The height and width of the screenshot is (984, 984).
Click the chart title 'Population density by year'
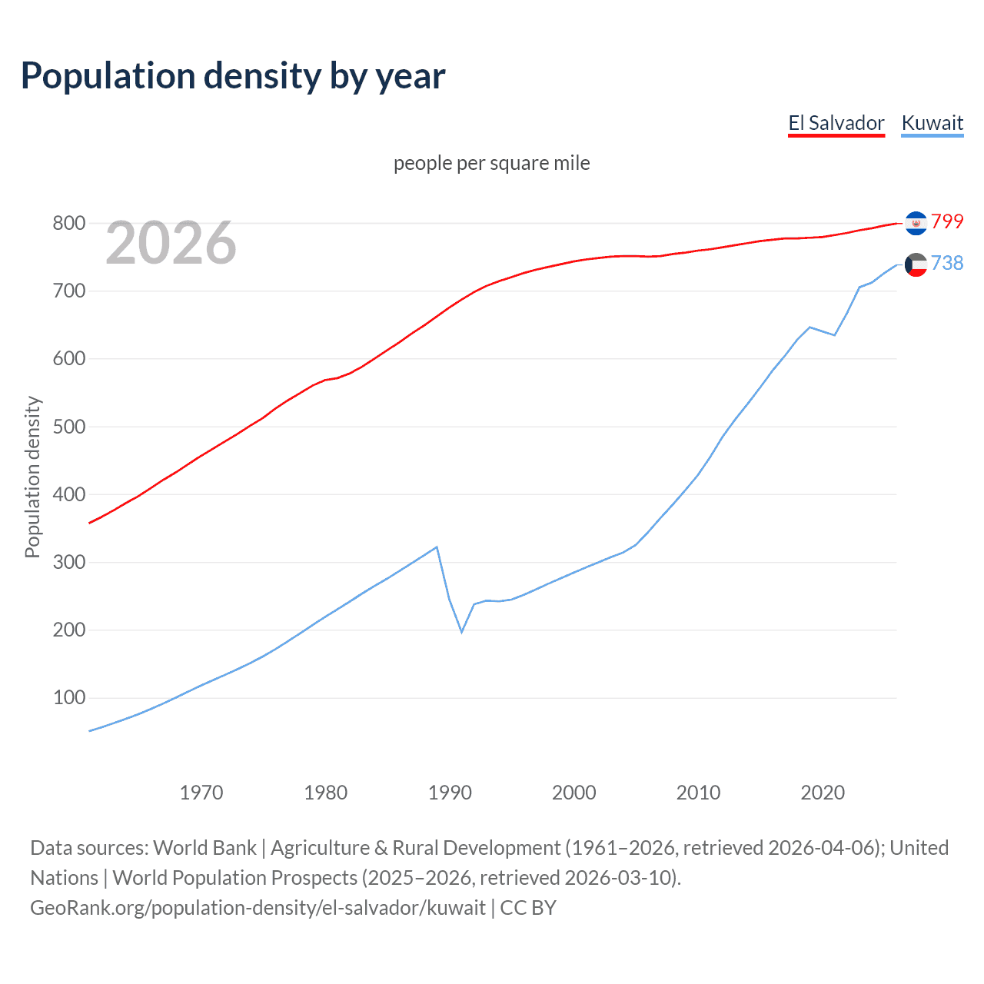233,76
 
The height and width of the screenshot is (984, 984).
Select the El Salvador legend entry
836,123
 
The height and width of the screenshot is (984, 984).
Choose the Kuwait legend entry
932,123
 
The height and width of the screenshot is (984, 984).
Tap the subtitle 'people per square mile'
491,163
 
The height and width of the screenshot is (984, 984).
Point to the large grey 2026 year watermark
171,243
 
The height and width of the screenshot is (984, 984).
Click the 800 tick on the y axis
68,224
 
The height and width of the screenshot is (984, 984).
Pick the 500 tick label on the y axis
68,427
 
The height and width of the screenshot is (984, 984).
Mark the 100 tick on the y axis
68,698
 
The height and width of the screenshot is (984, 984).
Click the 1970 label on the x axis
201,792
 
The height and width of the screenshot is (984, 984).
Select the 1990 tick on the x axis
450,792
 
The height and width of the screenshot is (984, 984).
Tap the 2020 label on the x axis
823,792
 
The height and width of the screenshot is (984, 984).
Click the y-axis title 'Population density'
32,477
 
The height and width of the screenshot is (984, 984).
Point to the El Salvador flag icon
916,222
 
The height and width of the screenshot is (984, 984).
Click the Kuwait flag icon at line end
916,264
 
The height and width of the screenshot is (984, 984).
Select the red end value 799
947,221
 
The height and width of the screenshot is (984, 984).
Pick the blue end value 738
947,263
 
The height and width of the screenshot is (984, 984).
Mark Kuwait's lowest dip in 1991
462,631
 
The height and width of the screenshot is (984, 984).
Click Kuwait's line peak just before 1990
437,547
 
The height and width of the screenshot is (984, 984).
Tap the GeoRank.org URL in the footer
258,908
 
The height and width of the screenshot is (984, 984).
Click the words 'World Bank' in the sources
204,848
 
